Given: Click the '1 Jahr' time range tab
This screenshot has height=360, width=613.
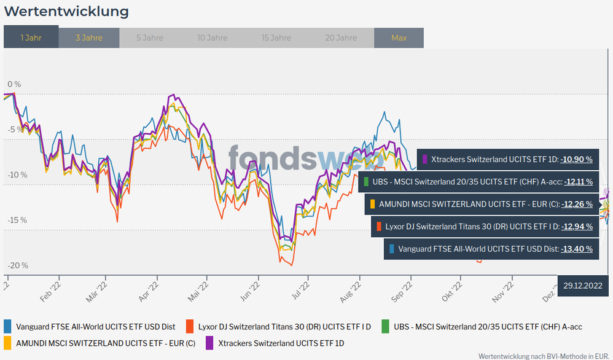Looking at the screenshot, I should coord(31,37).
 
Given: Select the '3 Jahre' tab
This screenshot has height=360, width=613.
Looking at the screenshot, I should coord(89,37).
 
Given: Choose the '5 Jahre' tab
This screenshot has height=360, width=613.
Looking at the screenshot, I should coord(150,37).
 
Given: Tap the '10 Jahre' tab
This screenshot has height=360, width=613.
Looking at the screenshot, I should coord(213,37).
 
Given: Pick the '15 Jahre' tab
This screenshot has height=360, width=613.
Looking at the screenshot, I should coord(276,37).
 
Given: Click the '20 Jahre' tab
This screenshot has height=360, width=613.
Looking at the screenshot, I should coord(341,37).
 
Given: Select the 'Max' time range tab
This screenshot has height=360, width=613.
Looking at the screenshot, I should coord(399,37).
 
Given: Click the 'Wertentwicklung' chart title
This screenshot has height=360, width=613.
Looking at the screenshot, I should coord(66,11).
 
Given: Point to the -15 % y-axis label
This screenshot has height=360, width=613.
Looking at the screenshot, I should coord(18,220).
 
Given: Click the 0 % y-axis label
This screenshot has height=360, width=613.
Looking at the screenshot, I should coord(14,84).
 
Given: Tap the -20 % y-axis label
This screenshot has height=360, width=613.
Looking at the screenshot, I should coord(18,265).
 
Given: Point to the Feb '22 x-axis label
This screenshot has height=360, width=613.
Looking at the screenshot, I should coord(50,289).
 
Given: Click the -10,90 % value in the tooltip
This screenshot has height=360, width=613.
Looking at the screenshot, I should coord(576,159).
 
